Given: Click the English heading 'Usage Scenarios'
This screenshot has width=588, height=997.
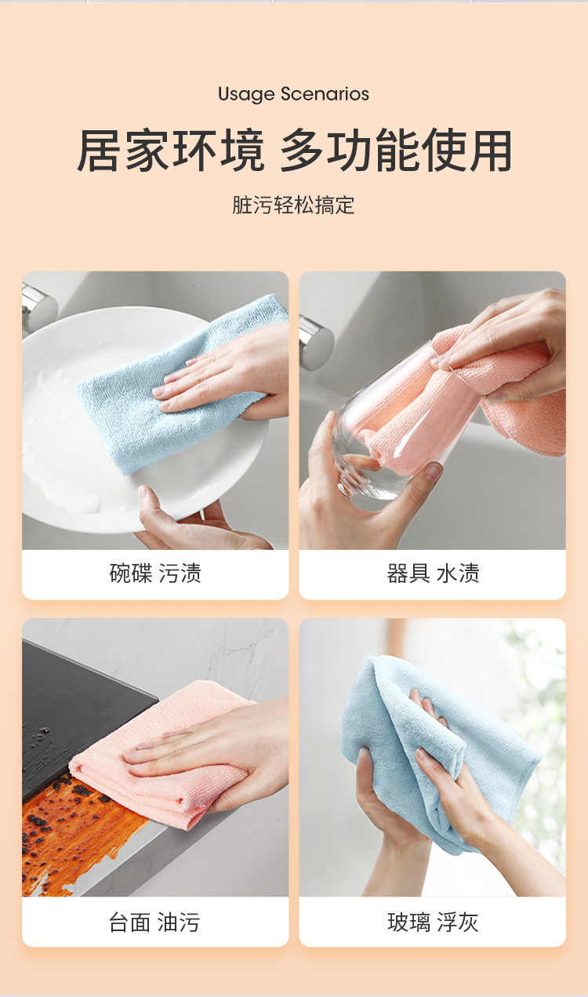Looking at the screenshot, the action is [x=293, y=94].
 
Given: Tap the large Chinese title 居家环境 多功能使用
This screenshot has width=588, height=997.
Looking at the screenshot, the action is [x=294, y=151].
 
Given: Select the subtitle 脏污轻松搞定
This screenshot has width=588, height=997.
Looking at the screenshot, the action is [x=293, y=206].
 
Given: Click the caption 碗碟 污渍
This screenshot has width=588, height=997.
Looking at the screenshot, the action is [x=155, y=573].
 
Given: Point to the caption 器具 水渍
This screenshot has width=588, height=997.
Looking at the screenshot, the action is [x=433, y=573].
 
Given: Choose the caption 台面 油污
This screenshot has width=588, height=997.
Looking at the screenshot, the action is [x=154, y=922].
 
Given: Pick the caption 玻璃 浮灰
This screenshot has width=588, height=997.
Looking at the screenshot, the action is [x=433, y=922].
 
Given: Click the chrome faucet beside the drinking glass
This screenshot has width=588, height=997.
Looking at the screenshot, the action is [x=316, y=342].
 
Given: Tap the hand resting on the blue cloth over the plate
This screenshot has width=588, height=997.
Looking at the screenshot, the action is [x=227, y=374].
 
